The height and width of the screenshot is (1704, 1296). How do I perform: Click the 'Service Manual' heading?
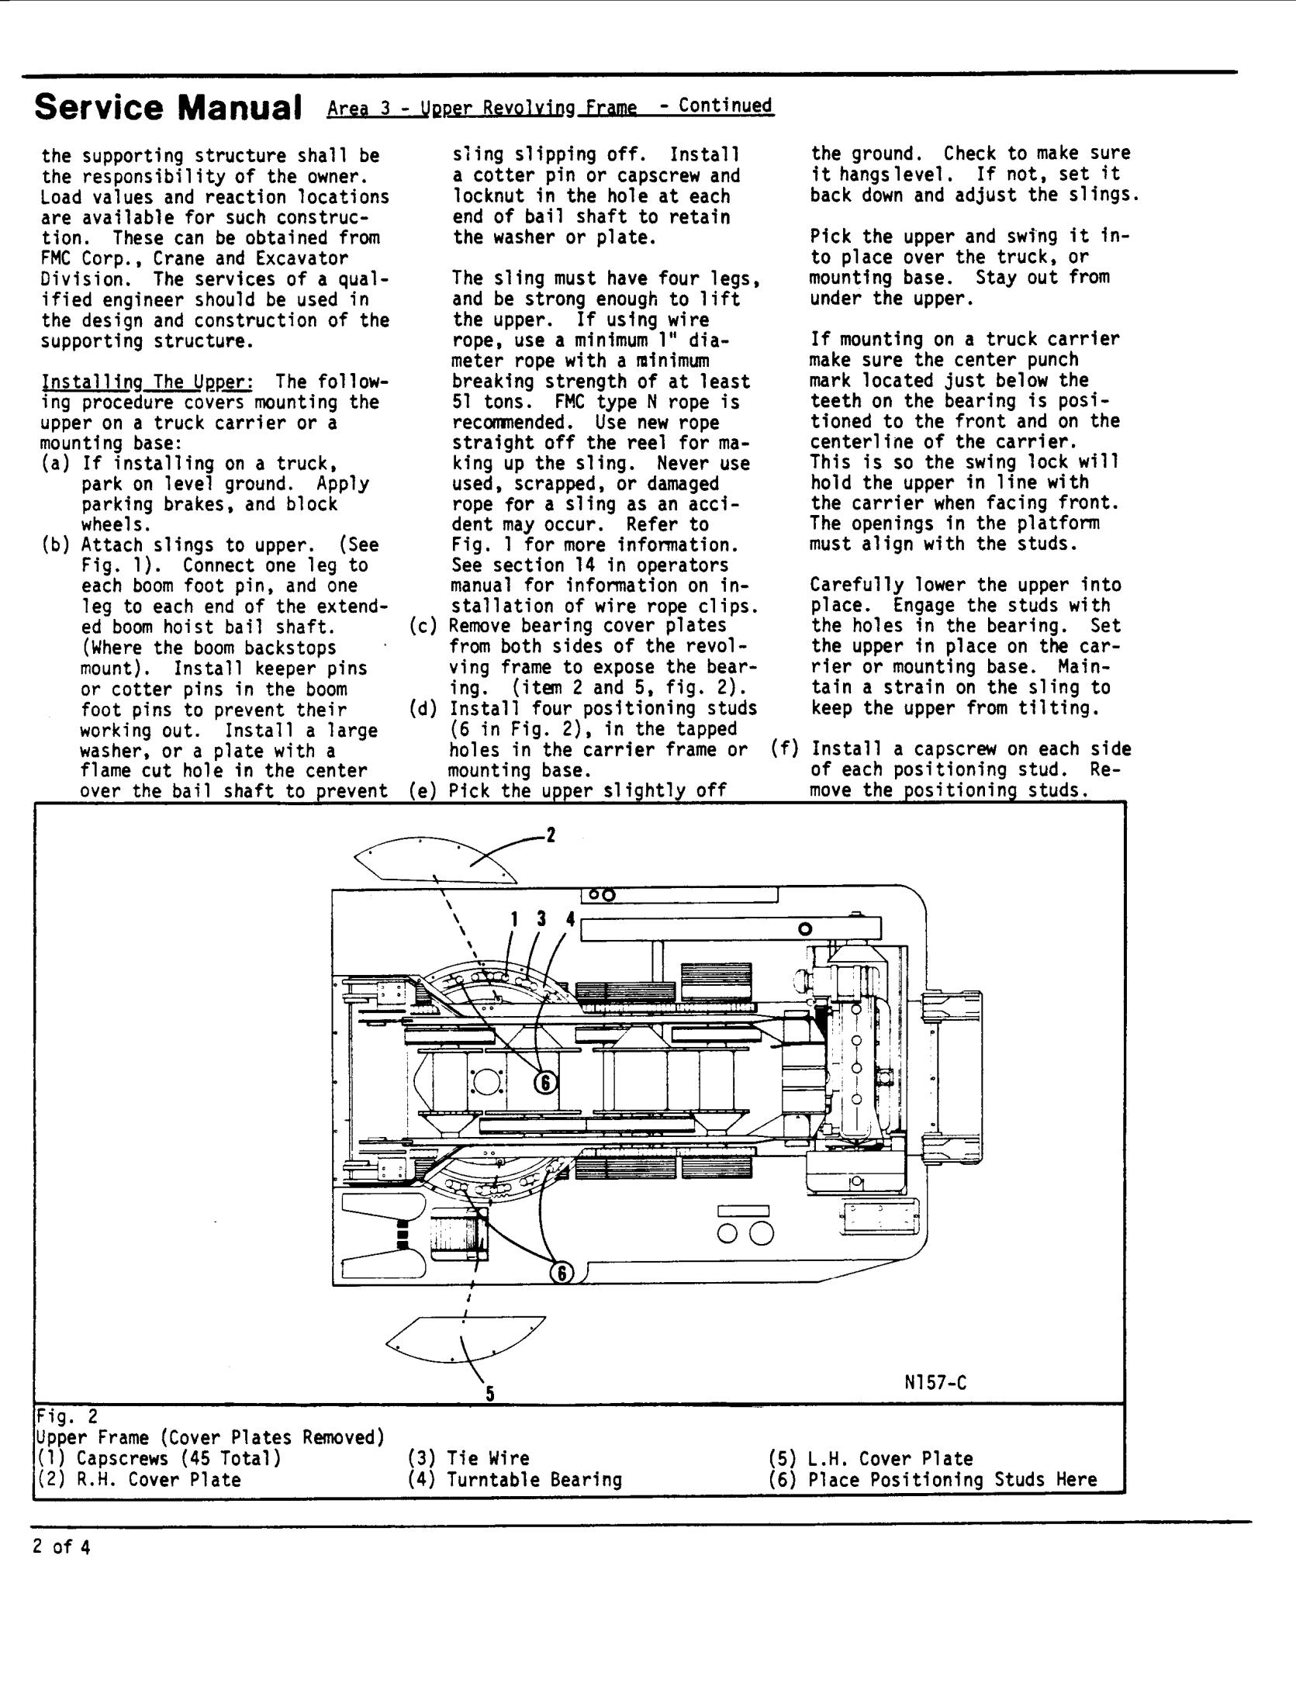[x=168, y=109]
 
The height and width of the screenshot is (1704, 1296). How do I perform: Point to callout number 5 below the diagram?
[x=489, y=1394]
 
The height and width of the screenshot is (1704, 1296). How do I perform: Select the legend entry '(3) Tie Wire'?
[x=468, y=1458]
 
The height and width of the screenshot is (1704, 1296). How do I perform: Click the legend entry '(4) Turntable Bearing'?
[x=514, y=1480]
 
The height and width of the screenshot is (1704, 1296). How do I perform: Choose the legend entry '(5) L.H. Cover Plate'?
[x=870, y=1458]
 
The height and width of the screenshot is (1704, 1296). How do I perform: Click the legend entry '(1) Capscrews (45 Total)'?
[x=159, y=1458]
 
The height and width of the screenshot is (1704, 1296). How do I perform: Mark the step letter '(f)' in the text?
[x=785, y=749]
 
